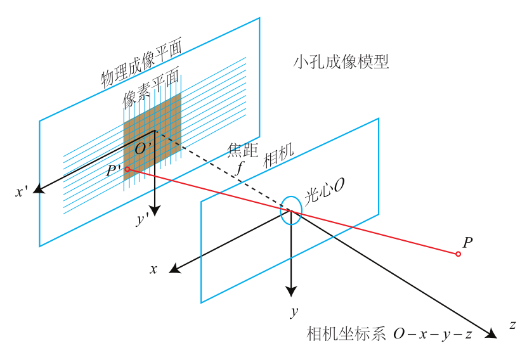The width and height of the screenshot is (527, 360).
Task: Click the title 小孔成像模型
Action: pyautogui.click(x=341, y=62)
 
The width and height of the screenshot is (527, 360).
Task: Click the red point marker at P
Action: pyautogui.click(x=458, y=254)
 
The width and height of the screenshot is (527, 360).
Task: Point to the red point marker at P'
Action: pyautogui.click(x=127, y=169)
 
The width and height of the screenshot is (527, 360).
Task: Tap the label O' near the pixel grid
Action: pyautogui.click(x=142, y=150)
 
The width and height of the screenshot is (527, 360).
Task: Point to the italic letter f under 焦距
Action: pyautogui.click(x=240, y=169)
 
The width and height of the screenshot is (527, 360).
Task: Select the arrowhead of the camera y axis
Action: pyautogui.click(x=291, y=292)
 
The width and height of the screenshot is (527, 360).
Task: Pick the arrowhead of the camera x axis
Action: pyautogui.click(x=174, y=271)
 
